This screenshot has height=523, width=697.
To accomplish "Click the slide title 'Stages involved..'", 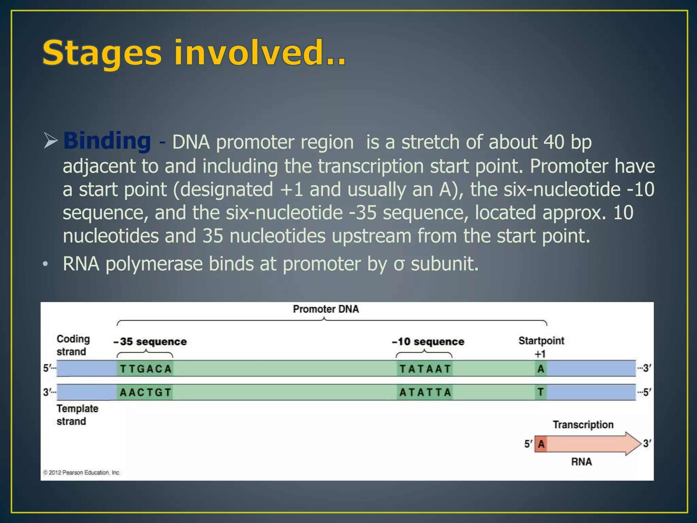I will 194,53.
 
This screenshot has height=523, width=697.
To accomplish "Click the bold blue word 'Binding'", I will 107,141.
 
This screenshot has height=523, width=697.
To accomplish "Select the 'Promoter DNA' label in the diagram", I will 326,309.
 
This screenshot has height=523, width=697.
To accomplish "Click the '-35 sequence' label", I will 150,342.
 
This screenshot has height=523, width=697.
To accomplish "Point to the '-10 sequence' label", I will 428,342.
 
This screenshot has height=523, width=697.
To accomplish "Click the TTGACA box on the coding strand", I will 145,369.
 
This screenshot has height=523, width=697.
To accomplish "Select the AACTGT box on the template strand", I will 145,392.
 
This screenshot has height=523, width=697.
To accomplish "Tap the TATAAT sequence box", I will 425,369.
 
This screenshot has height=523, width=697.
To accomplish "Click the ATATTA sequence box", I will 425,392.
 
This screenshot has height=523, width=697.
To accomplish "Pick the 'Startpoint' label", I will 541,340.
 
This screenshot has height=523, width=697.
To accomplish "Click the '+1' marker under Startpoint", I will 540,354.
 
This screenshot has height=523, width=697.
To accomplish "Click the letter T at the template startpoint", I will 540,392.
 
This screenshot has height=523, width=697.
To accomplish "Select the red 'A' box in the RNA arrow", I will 541,444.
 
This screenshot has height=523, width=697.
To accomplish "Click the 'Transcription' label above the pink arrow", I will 583,425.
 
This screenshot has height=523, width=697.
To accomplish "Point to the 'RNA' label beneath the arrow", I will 581,462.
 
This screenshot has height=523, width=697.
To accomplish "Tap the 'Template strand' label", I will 77,415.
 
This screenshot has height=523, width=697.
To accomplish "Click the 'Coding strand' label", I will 73,345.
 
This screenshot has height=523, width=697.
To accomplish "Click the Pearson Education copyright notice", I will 82,473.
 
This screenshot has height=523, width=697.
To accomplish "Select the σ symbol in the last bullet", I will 399,265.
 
